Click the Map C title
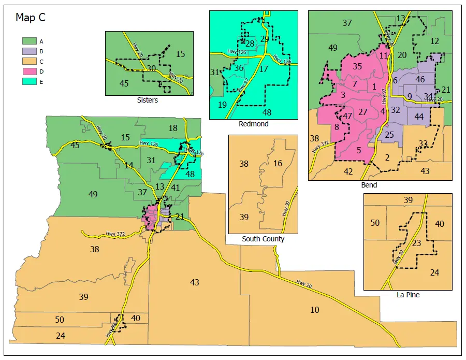(31, 18)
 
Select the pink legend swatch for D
(28, 71)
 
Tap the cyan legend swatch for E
(28, 82)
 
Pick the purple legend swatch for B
(28, 51)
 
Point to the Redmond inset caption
(253, 124)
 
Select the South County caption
(263, 239)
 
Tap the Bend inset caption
(369, 185)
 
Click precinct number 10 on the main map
(314, 310)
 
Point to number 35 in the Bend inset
(357, 66)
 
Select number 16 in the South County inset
(278, 163)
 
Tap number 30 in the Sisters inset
(151, 68)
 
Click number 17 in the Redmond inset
(264, 69)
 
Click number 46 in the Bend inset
(420, 79)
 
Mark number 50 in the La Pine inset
(375, 223)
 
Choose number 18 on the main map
(173, 128)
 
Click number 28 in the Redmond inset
(250, 44)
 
